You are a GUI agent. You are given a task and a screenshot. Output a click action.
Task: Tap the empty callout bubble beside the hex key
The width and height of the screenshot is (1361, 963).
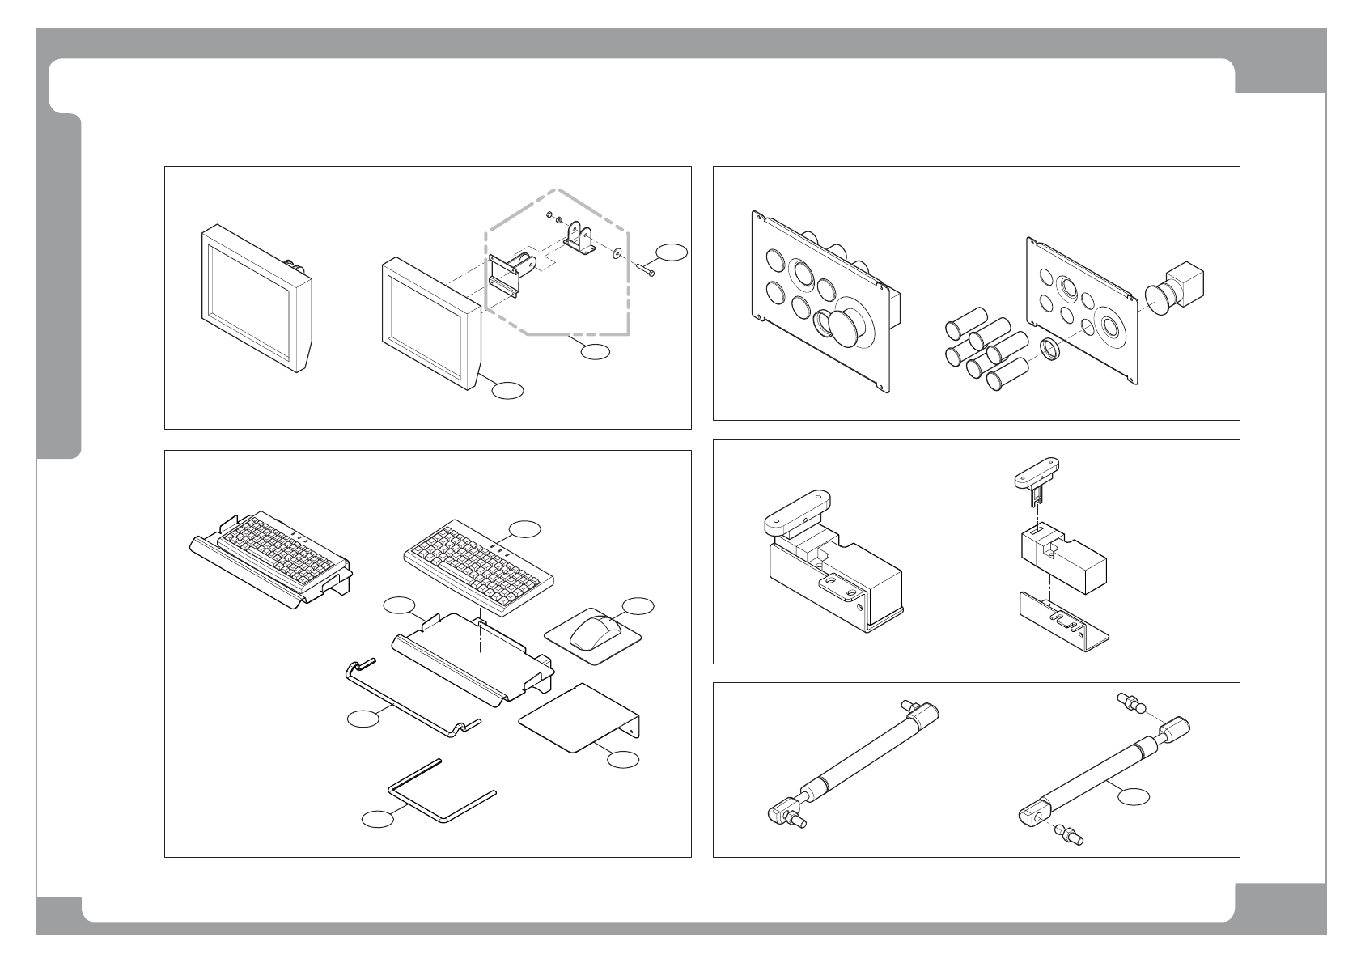[x=377, y=819]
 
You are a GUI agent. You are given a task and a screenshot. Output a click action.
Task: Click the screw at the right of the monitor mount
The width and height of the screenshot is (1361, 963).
[x=644, y=270]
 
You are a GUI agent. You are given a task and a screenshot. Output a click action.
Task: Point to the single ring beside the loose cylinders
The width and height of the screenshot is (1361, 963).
[x=1049, y=350]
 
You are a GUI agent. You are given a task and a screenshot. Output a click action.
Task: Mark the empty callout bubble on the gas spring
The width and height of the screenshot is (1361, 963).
[x=1133, y=796]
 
